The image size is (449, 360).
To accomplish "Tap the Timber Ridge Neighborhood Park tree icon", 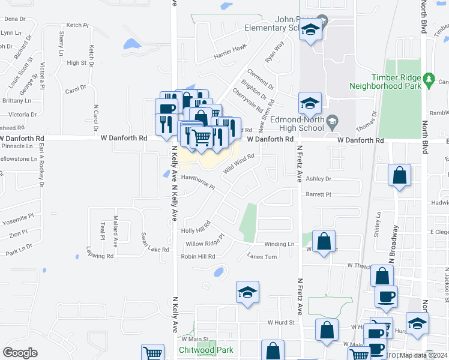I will tap(429, 79).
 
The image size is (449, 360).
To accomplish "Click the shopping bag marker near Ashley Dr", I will tap(399, 176).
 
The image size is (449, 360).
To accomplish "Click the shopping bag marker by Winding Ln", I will tap(324, 242).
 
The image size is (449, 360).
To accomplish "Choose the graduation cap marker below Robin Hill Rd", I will tap(247, 293).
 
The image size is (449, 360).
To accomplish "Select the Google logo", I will tap(20, 353).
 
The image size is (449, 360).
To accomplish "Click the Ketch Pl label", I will tap(77, 25).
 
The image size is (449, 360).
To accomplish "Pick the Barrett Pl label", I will tap(318, 194).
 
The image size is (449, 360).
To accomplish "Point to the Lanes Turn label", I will tap(262, 256).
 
